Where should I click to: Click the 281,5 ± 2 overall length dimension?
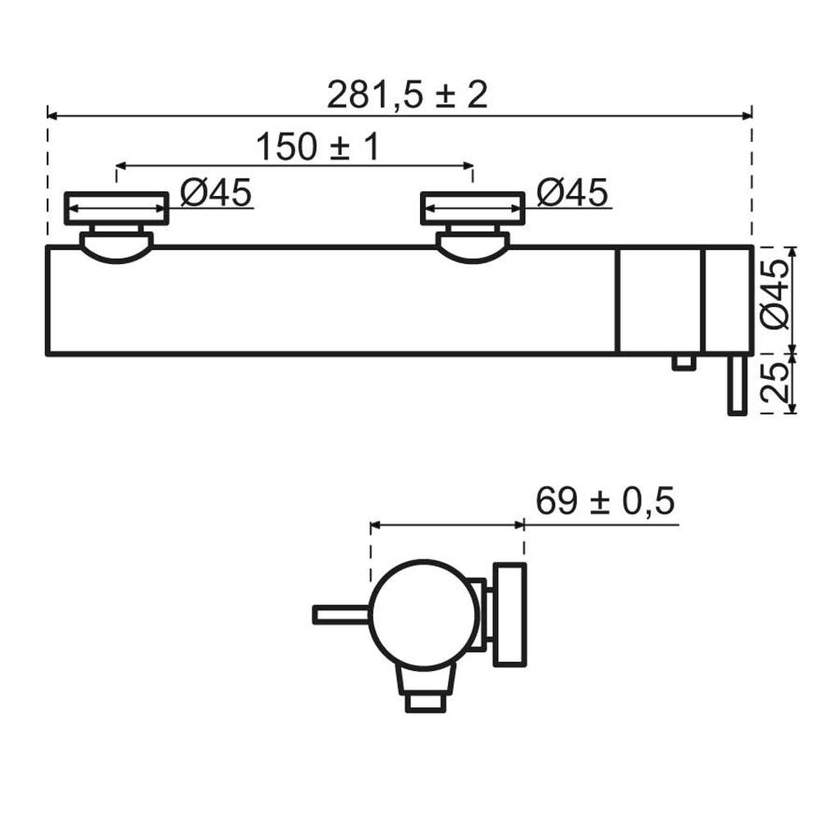(x=407, y=95)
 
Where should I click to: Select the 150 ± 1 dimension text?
(x=317, y=147)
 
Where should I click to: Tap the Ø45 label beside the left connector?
(x=216, y=192)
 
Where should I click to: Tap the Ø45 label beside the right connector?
(x=572, y=192)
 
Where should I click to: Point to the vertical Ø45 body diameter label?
(x=775, y=294)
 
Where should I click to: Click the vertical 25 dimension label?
(x=775, y=383)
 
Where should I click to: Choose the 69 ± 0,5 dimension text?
(x=605, y=501)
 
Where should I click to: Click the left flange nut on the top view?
(x=116, y=208)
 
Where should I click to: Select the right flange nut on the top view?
(x=473, y=208)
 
